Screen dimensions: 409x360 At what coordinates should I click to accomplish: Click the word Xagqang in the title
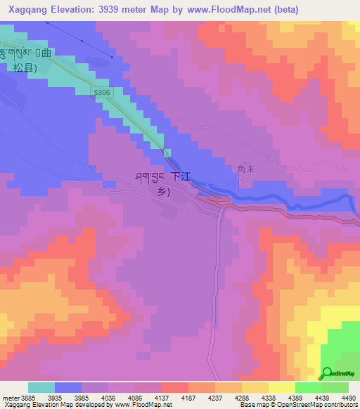[30, 9]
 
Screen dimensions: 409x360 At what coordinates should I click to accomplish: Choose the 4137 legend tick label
[161, 398]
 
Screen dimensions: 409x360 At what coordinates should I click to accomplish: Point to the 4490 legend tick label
[349, 398]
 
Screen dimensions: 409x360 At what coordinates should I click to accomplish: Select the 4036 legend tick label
[108, 398]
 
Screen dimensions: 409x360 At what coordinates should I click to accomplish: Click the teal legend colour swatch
[41, 387]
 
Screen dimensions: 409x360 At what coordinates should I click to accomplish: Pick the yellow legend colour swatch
[281, 387]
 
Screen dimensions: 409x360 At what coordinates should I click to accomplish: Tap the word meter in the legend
[9, 398]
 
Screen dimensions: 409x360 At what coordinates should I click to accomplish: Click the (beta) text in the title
[285, 9]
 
